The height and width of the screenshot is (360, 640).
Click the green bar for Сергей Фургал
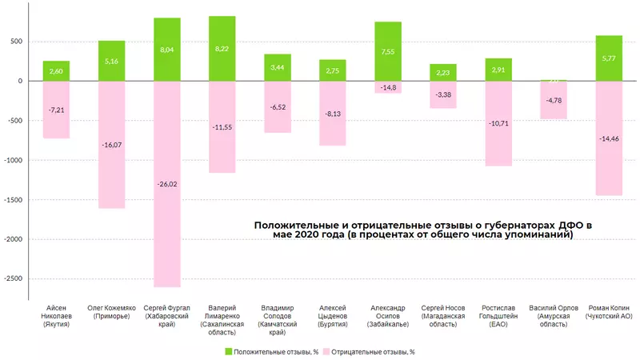pyautogui.click(x=167, y=49)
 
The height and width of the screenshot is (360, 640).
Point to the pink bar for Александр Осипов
pyautogui.click(x=388, y=87)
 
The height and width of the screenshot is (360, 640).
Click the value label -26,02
pyautogui.click(x=167, y=183)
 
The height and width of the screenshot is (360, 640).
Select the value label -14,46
pyautogui.click(x=609, y=138)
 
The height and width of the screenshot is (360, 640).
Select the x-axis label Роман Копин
pyautogui.click(x=609, y=312)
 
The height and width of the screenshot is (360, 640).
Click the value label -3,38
pyautogui.click(x=443, y=94)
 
